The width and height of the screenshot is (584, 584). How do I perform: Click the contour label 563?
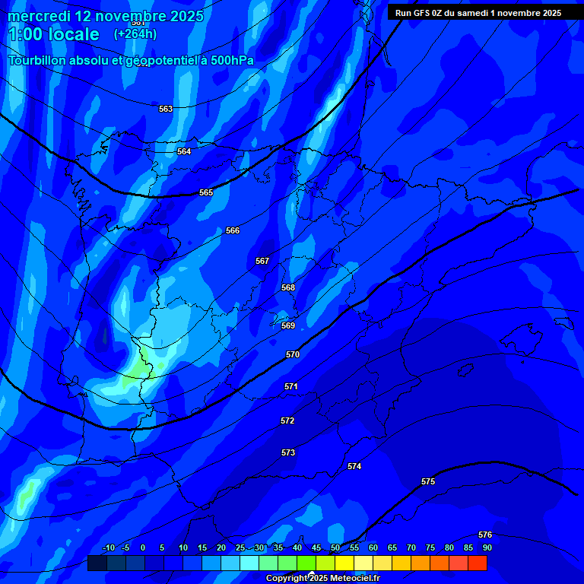coord(166,109)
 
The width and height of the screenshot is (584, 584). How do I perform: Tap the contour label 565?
coord(206,192)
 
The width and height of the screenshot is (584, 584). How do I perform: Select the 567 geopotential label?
coord(262,261)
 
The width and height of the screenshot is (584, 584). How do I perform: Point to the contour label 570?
coord(293,354)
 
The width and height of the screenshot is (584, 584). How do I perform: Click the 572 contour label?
coord(287,421)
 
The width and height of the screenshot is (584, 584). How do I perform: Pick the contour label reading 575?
coord(428,481)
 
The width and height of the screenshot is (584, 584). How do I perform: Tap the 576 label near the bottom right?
coord(485,535)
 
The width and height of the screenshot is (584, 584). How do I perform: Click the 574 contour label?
coord(354,466)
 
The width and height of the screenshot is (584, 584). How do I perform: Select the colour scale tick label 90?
coord(487,547)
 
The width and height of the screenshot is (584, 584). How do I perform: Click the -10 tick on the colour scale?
coord(108,547)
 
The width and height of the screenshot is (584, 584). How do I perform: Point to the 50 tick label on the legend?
coord(335,547)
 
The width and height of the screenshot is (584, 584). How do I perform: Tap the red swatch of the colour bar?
coord(478,563)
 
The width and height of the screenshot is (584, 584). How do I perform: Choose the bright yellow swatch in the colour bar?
coord(344,563)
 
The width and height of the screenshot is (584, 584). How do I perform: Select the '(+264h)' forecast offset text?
coord(135,33)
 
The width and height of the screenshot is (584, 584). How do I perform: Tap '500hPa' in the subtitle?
coord(228,60)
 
